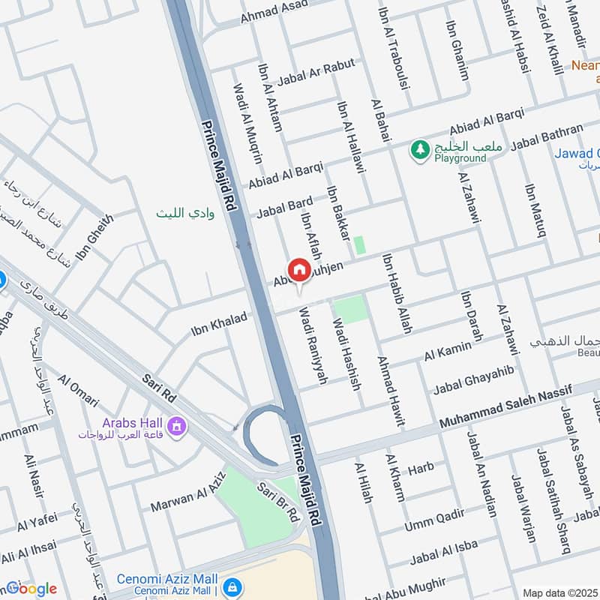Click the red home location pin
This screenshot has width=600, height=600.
(x=298, y=269)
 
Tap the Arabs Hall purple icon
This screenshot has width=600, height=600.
(x=178, y=427)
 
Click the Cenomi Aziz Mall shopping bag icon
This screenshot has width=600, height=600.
(x=232, y=585)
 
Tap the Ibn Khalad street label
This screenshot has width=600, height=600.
(x=219, y=320)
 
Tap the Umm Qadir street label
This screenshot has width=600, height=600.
(x=434, y=517)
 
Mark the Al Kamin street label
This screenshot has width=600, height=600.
(x=448, y=349)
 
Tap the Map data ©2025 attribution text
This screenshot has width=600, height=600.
(x=559, y=592)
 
